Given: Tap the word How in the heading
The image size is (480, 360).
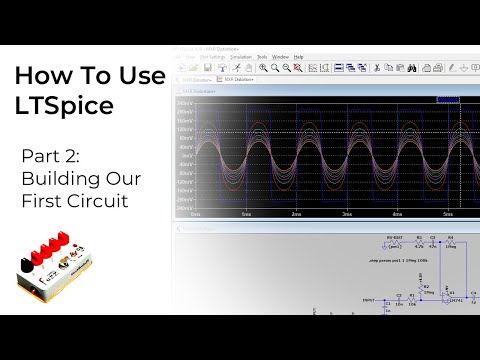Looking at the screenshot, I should [x=39, y=77].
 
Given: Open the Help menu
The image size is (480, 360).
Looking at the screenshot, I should [x=298, y=57].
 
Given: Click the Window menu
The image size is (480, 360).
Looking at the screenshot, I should [x=280, y=57].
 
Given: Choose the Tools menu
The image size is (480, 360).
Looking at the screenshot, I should [x=262, y=57].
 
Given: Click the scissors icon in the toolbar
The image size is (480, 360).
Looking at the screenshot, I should [x=376, y=67].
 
